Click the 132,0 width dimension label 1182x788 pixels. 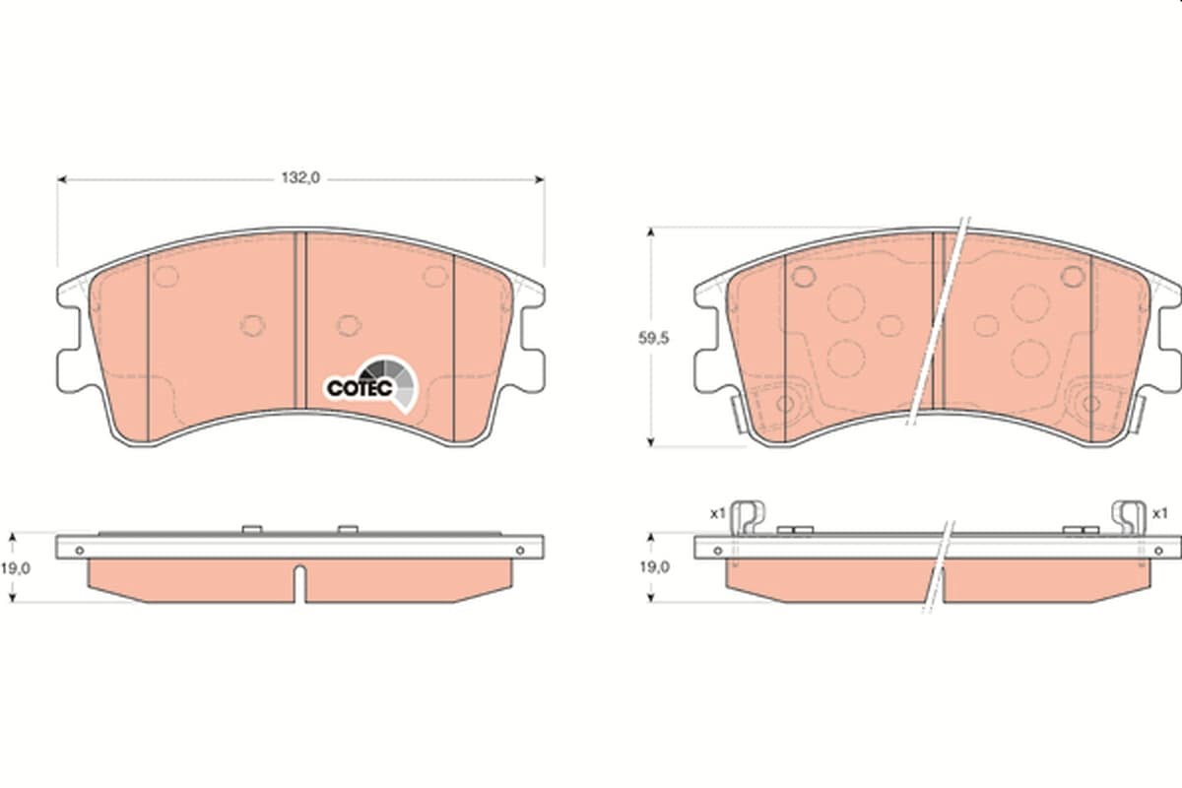(300, 178)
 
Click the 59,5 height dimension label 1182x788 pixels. (653, 338)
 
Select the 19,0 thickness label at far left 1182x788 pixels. (16, 568)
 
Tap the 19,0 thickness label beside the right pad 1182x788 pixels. (654, 567)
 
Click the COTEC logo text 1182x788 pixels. (360, 388)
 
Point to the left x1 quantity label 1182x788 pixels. (718, 513)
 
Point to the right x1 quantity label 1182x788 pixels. (1159, 513)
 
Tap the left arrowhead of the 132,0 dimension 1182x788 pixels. (62, 180)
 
